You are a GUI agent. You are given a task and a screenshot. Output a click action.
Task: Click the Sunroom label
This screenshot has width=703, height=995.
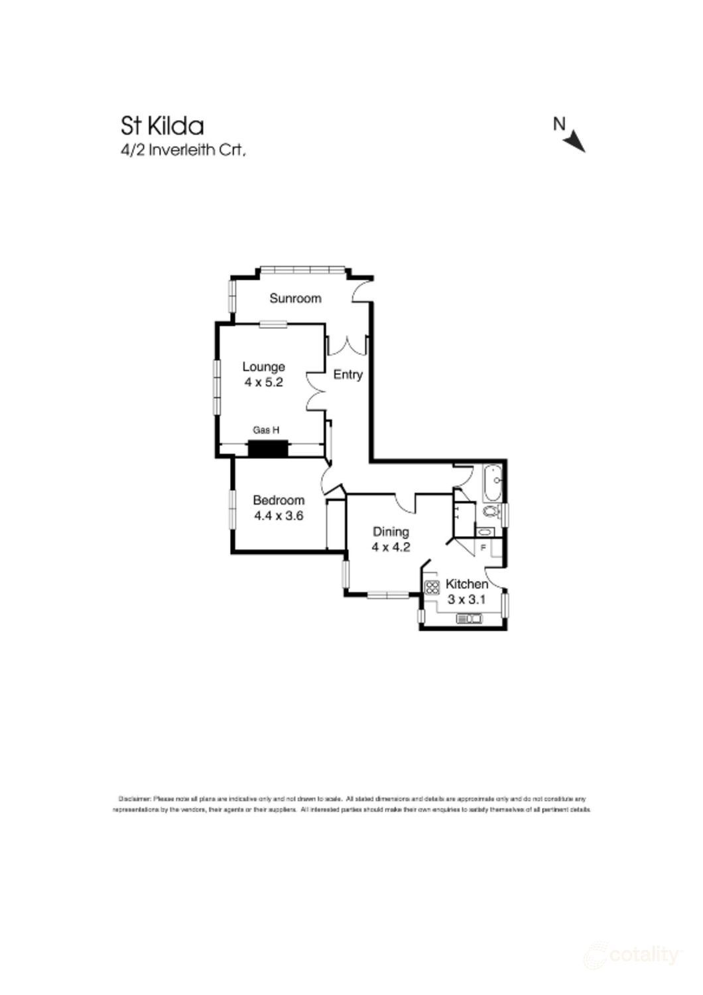click(x=295, y=298)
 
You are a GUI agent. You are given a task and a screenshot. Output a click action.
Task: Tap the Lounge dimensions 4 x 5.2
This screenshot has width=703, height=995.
click(x=263, y=382)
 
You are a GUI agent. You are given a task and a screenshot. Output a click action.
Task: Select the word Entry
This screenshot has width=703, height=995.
click(x=348, y=375)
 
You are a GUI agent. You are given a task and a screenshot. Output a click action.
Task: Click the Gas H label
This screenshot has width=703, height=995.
click(x=265, y=431)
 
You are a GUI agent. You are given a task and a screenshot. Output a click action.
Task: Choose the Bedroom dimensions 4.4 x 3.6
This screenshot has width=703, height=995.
click(x=279, y=515)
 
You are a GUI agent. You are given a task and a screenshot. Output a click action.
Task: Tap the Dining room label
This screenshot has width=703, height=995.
click(x=391, y=531)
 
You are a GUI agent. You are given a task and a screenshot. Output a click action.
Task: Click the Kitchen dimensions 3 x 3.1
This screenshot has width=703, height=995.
click(x=467, y=600)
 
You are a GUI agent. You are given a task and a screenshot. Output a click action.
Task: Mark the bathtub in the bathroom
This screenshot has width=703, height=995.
click(x=493, y=483)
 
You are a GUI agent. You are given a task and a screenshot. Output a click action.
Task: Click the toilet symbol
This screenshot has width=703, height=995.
click(x=491, y=511)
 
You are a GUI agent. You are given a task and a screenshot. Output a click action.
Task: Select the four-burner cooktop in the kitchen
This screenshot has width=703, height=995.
click(x=432, y=587)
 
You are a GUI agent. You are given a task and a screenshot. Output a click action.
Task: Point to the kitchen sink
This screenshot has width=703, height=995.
click(x=470, y=619)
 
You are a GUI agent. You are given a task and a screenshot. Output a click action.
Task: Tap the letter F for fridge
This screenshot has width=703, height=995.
click(x=483, y=547)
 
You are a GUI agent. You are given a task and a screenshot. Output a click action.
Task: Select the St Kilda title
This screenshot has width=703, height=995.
click(x=162, y=125)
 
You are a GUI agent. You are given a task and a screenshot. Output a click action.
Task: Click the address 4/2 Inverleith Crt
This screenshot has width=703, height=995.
click(x=183, y=150)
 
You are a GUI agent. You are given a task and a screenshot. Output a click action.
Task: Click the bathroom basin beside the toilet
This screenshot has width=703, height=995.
click(x=485, y=531)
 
